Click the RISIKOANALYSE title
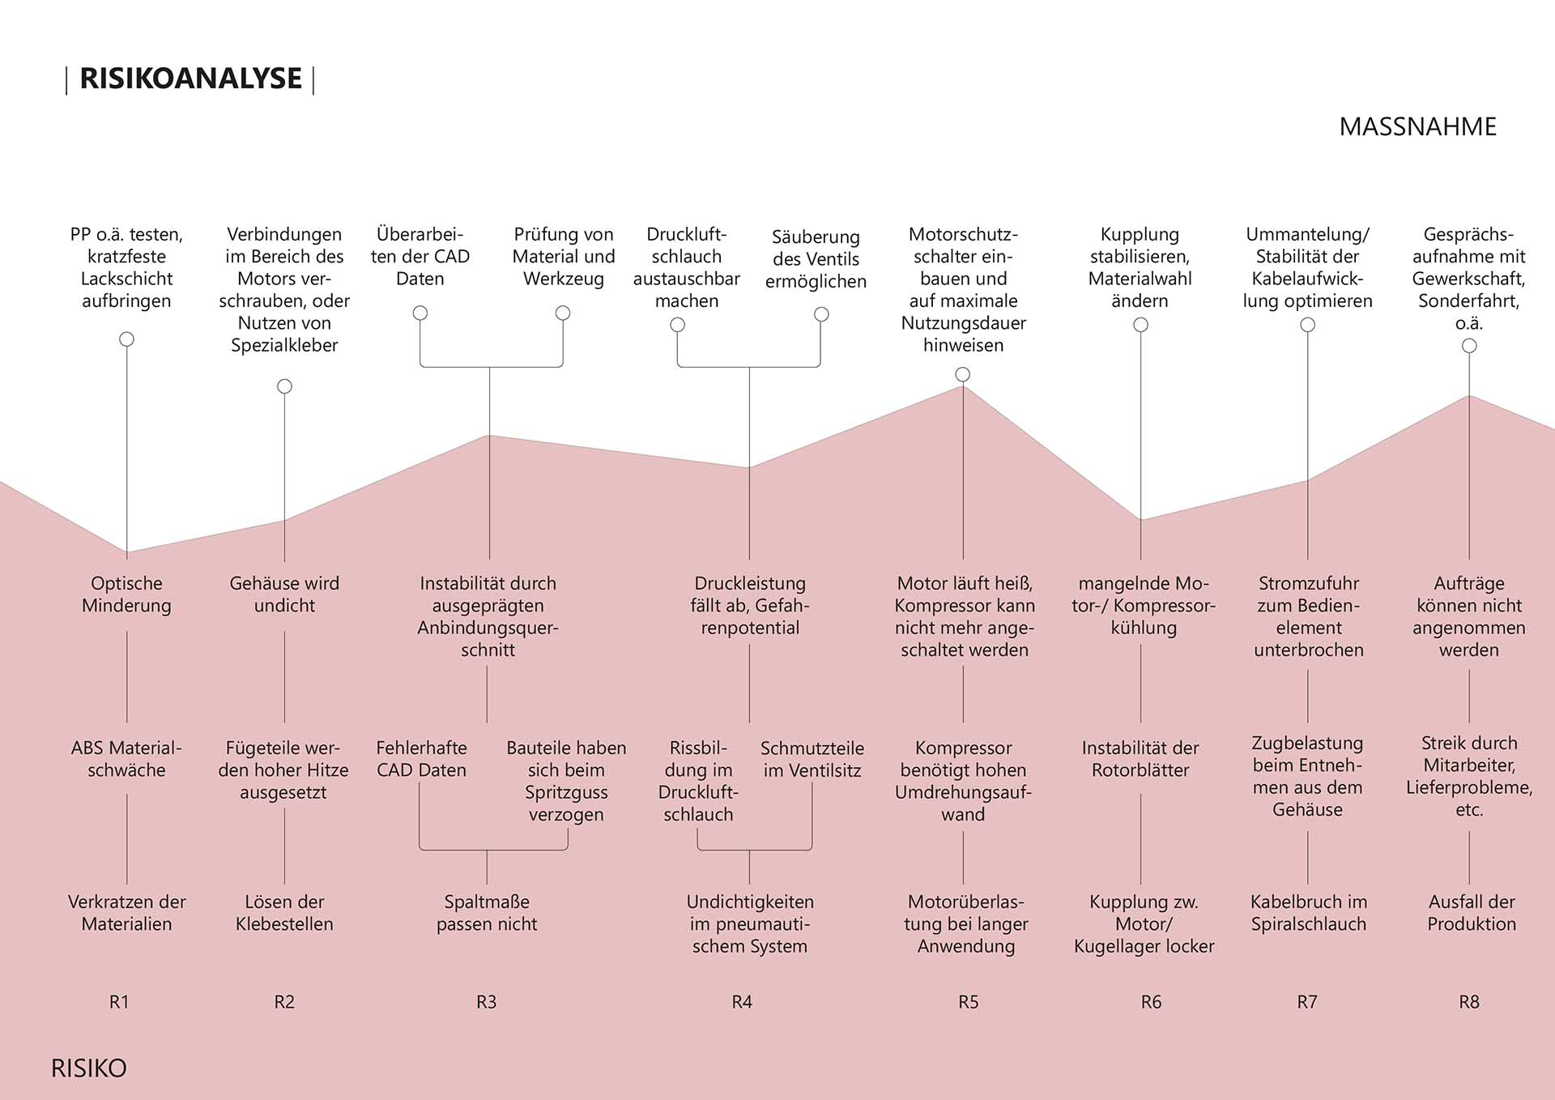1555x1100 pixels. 190,79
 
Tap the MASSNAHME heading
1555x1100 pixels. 1417,127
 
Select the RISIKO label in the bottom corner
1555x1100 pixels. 89,1068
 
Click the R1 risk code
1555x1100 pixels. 119,1002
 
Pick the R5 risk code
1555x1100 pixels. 968,1002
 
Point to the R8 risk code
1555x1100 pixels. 1468,1002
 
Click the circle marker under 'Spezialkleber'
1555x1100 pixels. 284,386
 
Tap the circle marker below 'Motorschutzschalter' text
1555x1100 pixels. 962,374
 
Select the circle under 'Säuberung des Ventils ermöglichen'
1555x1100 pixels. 821,314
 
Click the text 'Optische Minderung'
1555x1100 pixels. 126,595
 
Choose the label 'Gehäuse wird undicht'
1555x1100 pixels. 284,595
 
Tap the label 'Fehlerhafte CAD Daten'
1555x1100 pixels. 421,759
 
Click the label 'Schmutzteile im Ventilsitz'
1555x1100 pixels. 812,759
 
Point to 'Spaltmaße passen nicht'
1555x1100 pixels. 487,913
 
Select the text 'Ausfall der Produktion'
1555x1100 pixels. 1471,913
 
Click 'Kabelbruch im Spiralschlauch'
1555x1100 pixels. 1308,913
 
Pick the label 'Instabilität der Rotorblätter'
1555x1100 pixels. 1140,759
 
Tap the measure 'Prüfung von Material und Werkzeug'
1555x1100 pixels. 564,257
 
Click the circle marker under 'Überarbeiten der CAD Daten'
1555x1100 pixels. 420,313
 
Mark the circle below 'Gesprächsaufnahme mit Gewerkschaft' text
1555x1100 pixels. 1469,346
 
